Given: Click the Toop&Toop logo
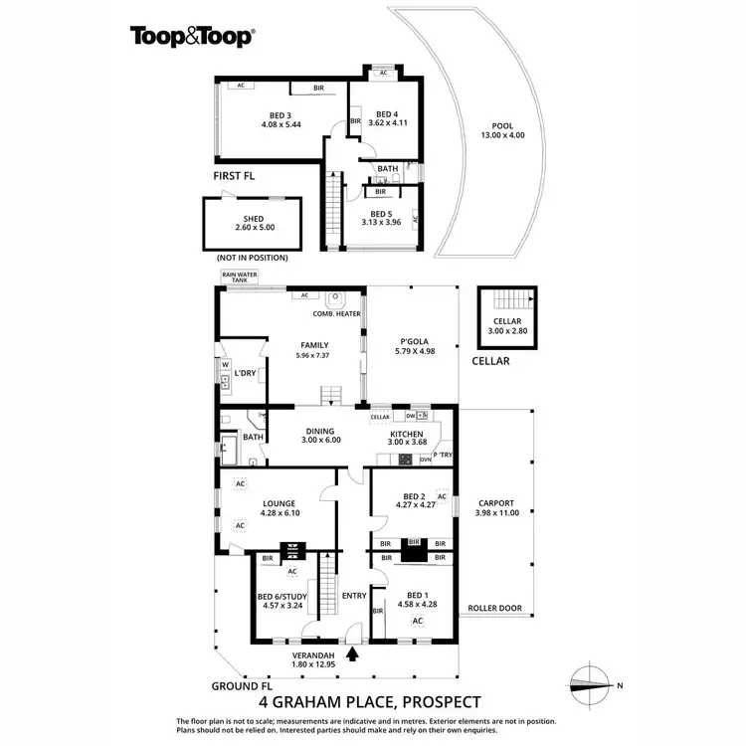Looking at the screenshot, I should (x=192, y=37).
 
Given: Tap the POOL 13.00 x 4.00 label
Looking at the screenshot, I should (x=501, y=130).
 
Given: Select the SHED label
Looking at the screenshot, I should (x=253, y=222).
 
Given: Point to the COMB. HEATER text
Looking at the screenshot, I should (x=336, y=313).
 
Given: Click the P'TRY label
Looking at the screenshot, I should (x=442, y=455).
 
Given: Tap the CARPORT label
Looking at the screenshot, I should (x=497, y=507).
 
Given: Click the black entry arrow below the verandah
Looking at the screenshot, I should (x=353, y=654).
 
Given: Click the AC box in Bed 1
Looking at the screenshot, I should (x=418, y=621).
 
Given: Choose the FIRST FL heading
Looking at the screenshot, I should (x=234, y=175).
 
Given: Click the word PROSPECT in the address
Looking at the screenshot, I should (x=434, y=701).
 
